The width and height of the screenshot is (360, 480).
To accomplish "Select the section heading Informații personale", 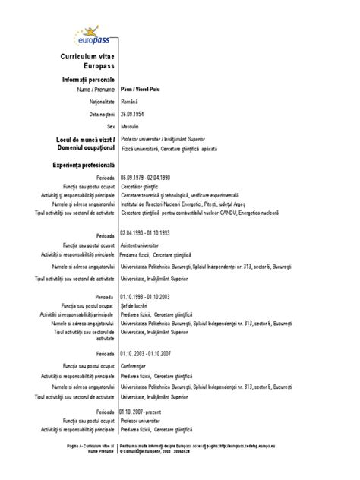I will tap(85, 80).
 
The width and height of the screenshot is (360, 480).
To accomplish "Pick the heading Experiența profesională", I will tap(84, 164).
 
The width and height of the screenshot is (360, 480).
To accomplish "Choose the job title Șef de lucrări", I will tap(134, 304).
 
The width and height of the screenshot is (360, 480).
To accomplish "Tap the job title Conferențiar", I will tap(134, 366).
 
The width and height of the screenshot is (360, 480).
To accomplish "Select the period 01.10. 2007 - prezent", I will tap(142, 412).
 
